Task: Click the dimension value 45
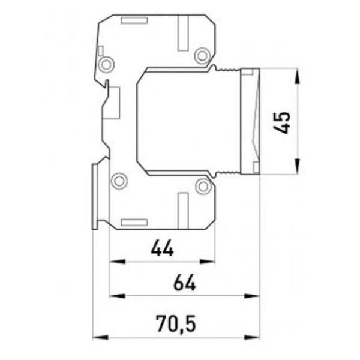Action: (x=282, y=122)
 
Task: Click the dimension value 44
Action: (x=163, y=248)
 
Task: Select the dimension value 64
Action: (x=185, y=283)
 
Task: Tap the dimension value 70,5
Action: (x=176, y=324)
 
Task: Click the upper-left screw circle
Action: (x=106, y=64)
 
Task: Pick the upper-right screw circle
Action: (x=202, y=56)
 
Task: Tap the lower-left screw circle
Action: (x=119, y=181)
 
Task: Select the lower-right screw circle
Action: (x=203, y=186)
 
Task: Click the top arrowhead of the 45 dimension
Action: (x=298, y=77)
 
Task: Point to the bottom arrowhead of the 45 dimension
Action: (x=298, y=166)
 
